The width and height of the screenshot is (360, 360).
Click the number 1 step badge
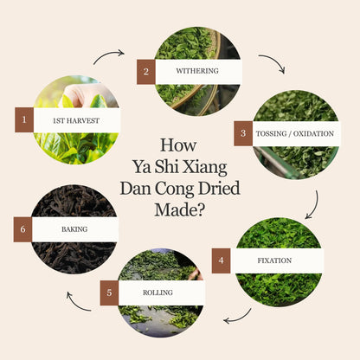24,119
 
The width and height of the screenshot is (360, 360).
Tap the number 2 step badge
145,72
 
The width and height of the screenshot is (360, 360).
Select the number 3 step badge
243,133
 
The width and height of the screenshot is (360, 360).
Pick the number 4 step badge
221,260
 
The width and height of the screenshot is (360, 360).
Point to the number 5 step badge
109,292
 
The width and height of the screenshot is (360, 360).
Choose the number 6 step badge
23,229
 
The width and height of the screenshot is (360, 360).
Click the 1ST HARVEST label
75,119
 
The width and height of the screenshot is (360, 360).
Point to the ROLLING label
159,292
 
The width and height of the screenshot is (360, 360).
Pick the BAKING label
74,229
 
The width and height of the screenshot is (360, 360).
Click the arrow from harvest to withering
108,56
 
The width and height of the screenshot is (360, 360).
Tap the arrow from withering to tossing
272,64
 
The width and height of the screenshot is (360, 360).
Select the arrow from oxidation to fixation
312,203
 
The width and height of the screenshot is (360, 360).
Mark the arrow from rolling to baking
80,301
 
